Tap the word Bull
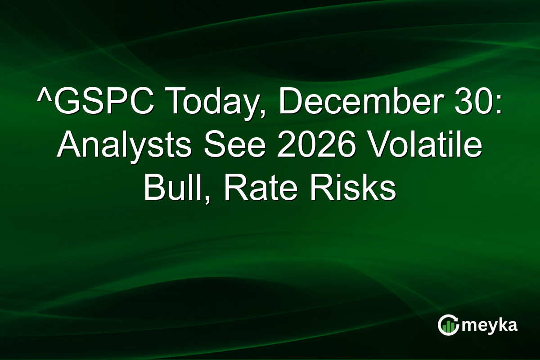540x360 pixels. (173, 189)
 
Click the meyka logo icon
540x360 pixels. (448, 325)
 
